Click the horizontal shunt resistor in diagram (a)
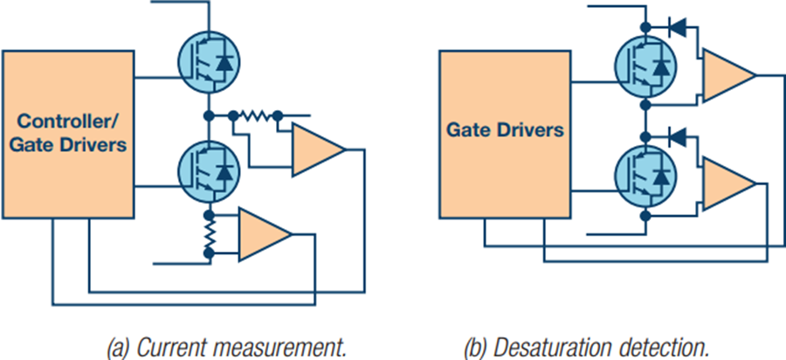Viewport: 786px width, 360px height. pos(254,115)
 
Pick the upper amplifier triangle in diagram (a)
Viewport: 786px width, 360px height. pos(318,149)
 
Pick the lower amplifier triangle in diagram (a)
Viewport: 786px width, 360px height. pos(264,234)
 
